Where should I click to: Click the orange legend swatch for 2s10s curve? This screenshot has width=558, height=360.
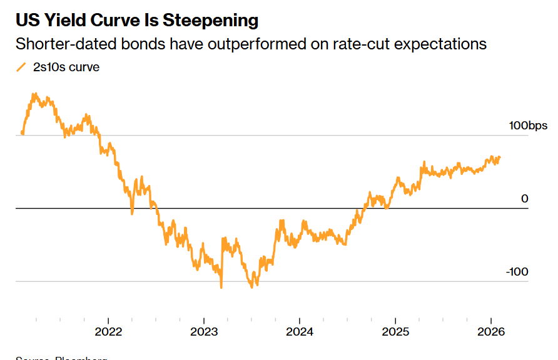pyautogui.click(x=21, y=67)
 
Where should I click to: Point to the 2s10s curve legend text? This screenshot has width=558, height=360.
pyautogui.click(x=66, y=67)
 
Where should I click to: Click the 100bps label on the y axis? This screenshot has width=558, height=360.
pyautogui.click(x=528, y=126)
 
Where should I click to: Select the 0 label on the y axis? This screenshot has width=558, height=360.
pyautogui.click(x=525, y=199)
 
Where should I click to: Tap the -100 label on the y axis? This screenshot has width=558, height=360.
pyautogui.click(x=517, y=272)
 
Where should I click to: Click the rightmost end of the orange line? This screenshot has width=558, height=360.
pyautogui.click(x=500, y=157)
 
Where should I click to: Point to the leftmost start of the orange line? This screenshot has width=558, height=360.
pyautogui.click(x=22, y=133)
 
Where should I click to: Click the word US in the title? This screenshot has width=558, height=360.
pyautogui.click(x=26, y=20)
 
